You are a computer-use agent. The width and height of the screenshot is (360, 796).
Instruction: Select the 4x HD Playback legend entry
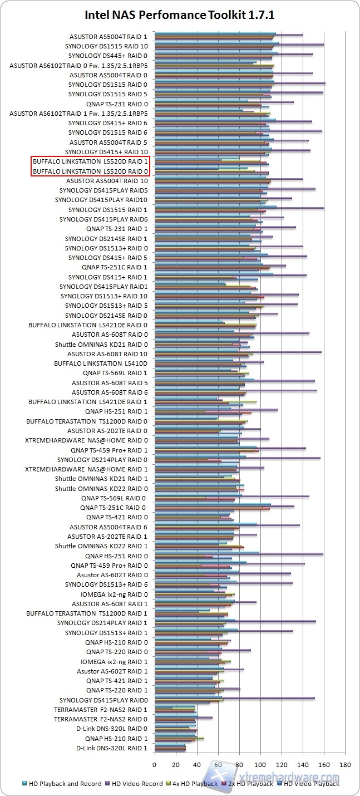coord(195,784)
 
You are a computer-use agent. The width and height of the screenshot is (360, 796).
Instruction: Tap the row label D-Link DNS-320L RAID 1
coord(112,748)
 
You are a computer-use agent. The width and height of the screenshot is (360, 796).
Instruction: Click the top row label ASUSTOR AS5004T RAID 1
coord(109,36)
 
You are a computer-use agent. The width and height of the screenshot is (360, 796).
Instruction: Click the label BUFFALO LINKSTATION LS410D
coord(101,363)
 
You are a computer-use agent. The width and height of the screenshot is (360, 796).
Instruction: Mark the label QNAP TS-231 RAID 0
coord(117,104)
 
